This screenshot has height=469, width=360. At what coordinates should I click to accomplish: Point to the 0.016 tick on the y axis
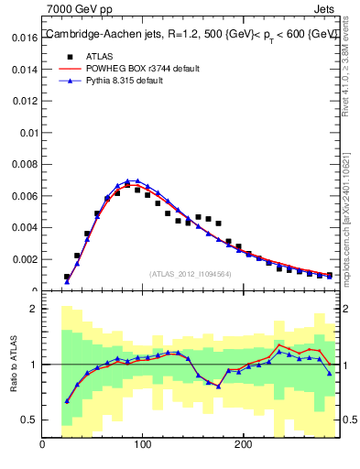click(23, 38)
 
